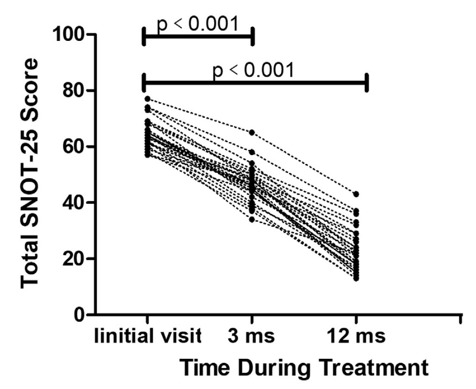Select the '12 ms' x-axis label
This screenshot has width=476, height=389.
(356, 337)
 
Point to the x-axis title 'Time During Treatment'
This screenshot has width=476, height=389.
(304, 367)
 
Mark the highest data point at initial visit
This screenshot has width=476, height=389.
(147, 99)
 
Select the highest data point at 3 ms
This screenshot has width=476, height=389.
(252, 132)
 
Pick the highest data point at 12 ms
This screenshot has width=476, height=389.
(356, 194)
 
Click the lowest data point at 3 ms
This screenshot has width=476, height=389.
(252, 219)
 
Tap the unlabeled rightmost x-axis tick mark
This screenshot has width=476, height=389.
(461, 319)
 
